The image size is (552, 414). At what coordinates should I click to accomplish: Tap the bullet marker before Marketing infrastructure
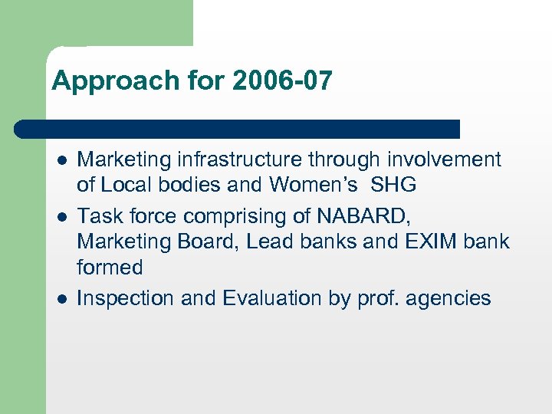61,160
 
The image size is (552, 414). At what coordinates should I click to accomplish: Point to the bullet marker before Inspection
61,298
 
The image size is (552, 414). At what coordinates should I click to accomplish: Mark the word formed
110,268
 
